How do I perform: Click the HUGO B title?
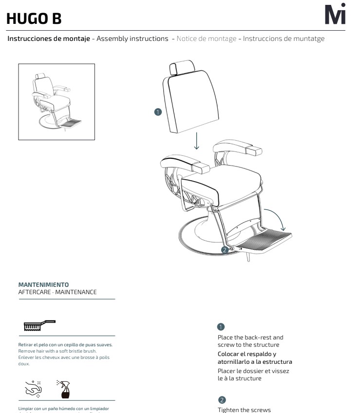[34, 19]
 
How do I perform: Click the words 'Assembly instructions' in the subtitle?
[133, 38]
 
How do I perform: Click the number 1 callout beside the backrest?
[157, 112]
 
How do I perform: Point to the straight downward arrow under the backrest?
[197, 140]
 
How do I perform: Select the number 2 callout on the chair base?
[224, 250]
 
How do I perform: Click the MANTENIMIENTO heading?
[43, 284]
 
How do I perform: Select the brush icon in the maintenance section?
[39, 325]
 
